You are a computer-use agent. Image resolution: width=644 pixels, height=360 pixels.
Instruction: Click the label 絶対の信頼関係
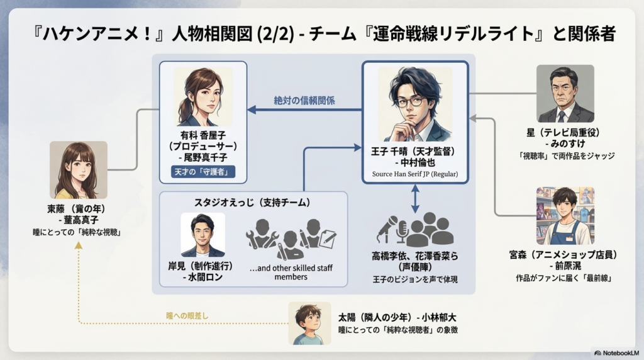coord(304,101)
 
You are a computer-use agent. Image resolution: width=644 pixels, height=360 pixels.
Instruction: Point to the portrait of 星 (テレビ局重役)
coord(565,94)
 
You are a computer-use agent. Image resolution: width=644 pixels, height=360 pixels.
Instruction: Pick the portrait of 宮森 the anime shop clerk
coord(565,215)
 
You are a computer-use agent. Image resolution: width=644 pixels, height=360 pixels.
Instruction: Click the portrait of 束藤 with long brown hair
coord(78,169)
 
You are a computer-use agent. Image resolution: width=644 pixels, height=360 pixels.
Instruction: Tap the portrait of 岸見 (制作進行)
coord(203,234)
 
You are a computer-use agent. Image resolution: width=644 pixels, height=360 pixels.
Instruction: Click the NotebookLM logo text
coord(616,352)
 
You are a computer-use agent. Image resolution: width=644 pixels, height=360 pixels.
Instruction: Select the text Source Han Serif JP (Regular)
coord(415,174)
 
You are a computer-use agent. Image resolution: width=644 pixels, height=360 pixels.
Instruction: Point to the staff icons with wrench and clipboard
coord(291,238)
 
